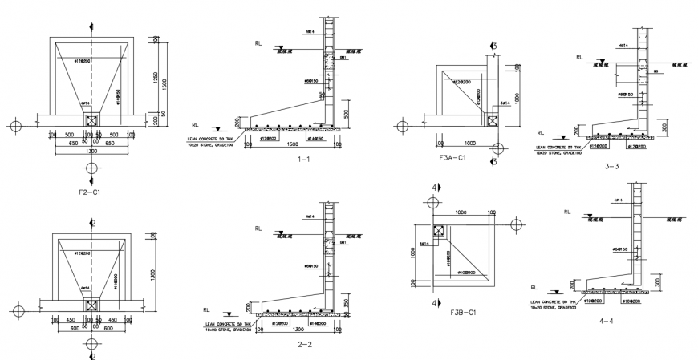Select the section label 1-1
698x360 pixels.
point(302,160)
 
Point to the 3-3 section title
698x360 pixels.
point(611,166)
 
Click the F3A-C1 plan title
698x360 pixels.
point(453,160)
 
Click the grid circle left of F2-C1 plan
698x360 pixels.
point(15,126)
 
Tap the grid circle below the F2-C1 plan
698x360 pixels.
point(92,168)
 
